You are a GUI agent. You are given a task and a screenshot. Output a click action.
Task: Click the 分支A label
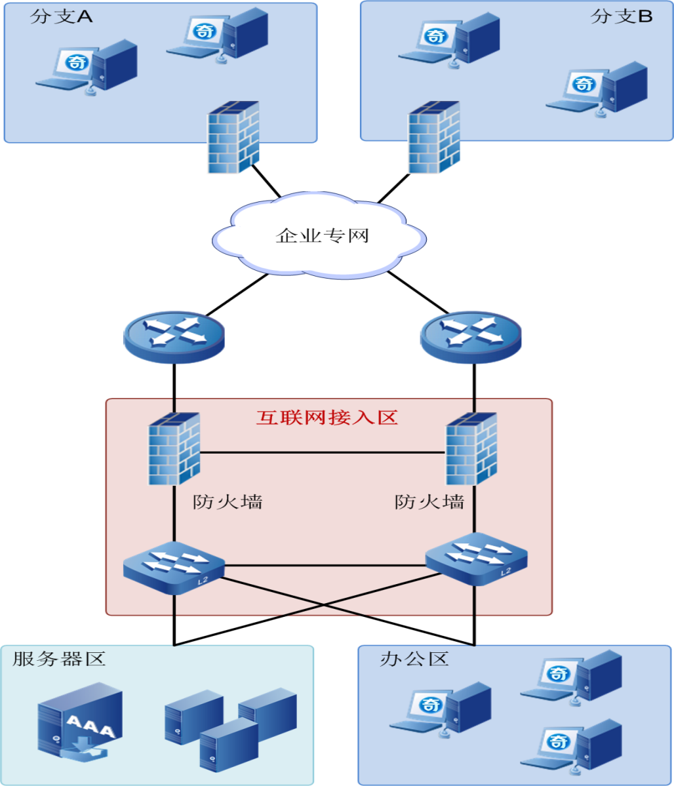point(61,17)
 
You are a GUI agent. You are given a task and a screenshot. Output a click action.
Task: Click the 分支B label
point(621,17)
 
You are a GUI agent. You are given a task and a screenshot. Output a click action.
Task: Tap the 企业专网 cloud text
point(323,235)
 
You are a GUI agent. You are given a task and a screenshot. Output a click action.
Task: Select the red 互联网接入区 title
point(327,418)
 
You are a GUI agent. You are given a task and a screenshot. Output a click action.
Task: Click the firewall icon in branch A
point(233,137)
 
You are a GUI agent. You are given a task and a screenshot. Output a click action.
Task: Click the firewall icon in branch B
point(433,137)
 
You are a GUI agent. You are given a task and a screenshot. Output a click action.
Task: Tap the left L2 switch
point(174,566)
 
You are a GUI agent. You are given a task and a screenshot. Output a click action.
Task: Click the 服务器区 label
point(59,659)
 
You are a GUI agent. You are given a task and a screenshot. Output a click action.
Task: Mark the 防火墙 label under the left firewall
point(228,502)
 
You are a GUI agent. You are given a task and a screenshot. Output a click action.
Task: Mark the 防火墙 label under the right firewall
point(429,502)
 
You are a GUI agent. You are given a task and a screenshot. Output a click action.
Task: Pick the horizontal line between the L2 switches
point(325,565)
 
